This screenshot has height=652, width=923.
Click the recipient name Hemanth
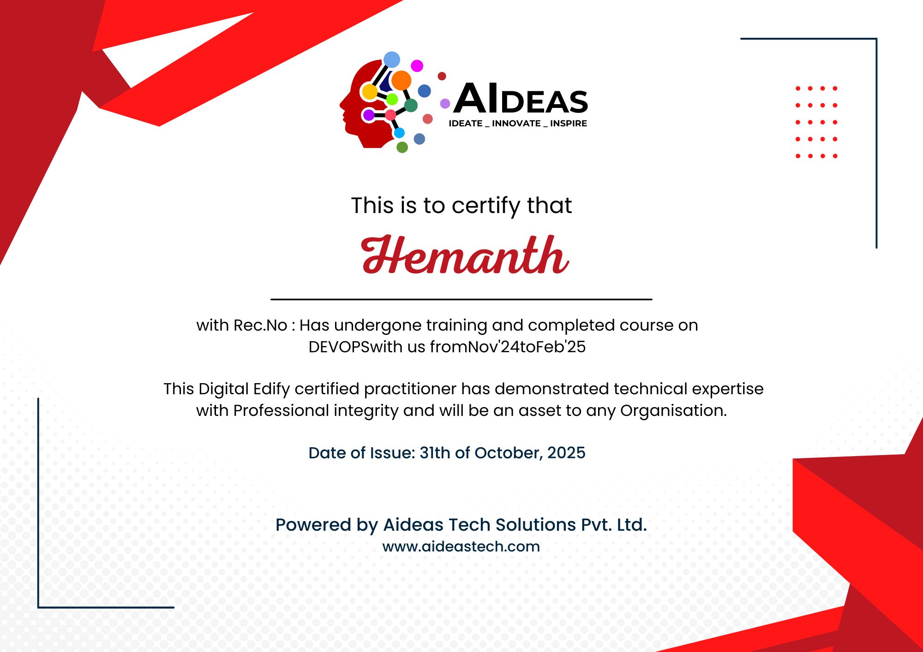(x=465, y=255)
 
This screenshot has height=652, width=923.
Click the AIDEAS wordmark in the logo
(x=521, y=99)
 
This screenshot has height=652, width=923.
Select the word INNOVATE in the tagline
(x=516, y=124)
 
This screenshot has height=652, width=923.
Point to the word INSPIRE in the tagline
(x=568, y=124)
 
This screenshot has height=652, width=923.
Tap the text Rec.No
(x=260, y=326)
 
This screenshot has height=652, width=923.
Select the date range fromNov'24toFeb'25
(x=508, y=347)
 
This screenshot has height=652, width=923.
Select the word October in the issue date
(x=507, y=453)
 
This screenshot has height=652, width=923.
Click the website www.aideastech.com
(x=461, y=546)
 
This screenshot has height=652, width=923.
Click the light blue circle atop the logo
(x=392, y=59)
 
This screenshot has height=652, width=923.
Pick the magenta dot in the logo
(x=417, y=65)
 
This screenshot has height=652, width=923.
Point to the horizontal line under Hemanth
(x=461, y=299)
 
